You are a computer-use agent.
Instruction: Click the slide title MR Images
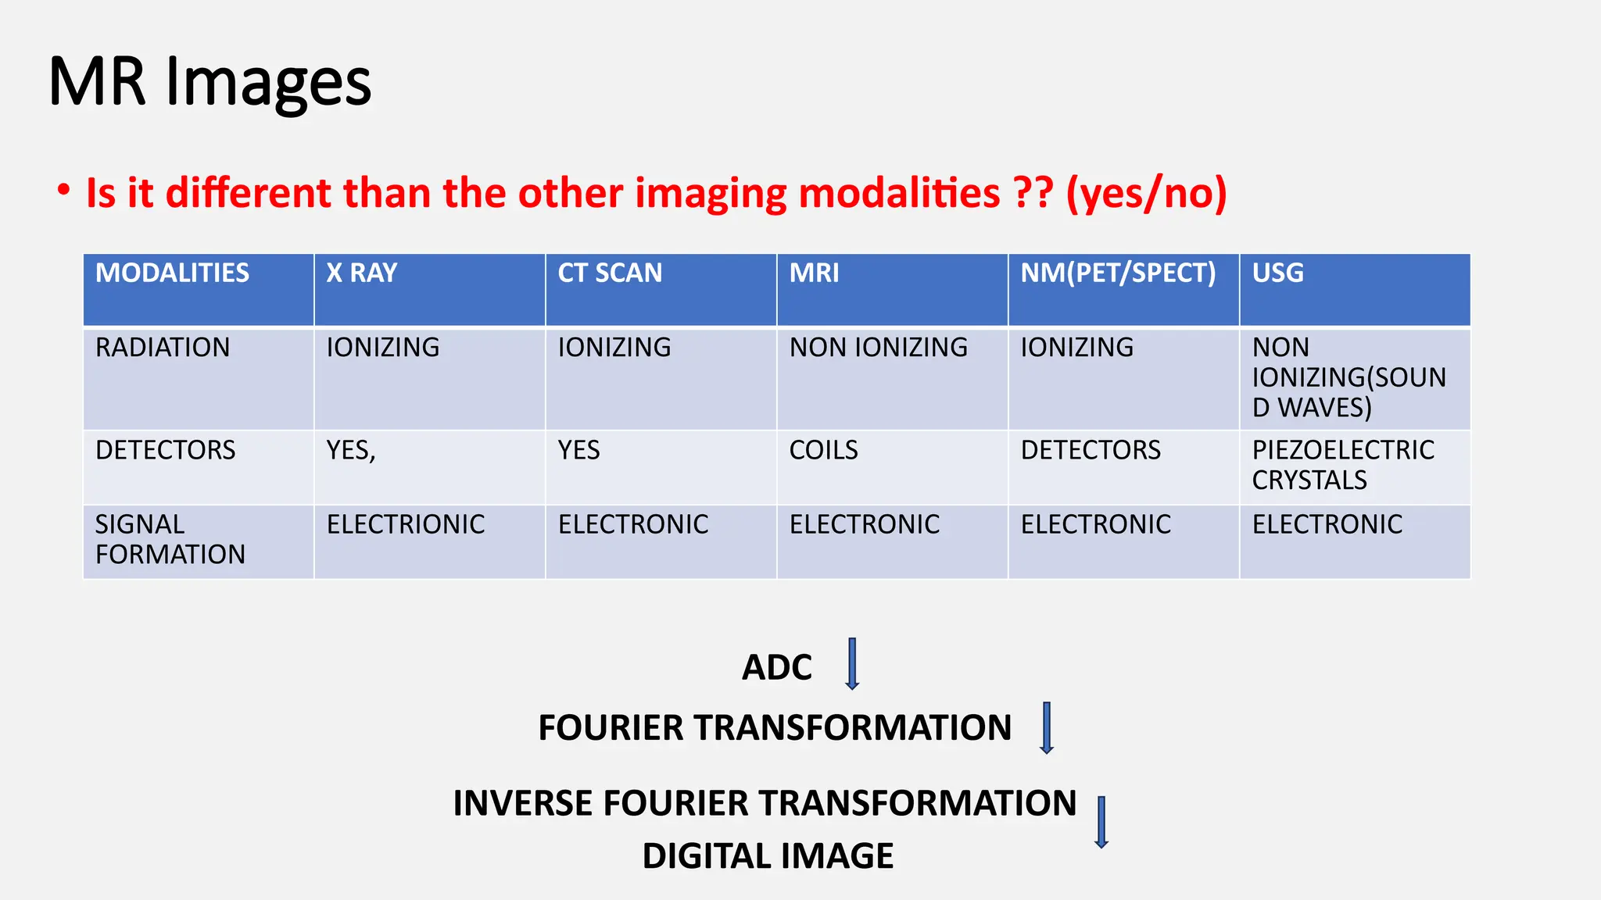(x=210, y=82)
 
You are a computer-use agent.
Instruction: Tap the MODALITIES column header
(x=172, y=273)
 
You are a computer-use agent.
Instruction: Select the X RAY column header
(x=362, y=273)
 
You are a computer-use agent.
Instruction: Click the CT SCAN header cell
(x=610, y=273)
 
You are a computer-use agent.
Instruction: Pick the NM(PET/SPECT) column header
(x=1118, y=273)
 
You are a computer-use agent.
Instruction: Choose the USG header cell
(x=1277, y=273)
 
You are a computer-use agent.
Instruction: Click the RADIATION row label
(x=163, y=348)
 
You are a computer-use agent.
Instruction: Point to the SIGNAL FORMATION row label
(x=170, y=539)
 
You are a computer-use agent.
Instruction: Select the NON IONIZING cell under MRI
(x=878, y=348)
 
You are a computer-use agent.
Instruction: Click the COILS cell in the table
(x=823, y=451)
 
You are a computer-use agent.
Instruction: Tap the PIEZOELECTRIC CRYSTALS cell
(x=1342, y=465)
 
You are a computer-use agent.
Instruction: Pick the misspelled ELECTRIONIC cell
(x=406, y=524)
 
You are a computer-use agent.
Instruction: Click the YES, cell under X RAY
(x=351, y=451)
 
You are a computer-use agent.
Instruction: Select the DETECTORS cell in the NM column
(x=1091, y=451)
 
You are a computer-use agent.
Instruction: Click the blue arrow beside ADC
(x=852, y=664)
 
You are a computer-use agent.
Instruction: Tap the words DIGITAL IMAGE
(x=768, y=856)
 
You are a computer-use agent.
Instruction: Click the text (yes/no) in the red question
(x=1146, y=193)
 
